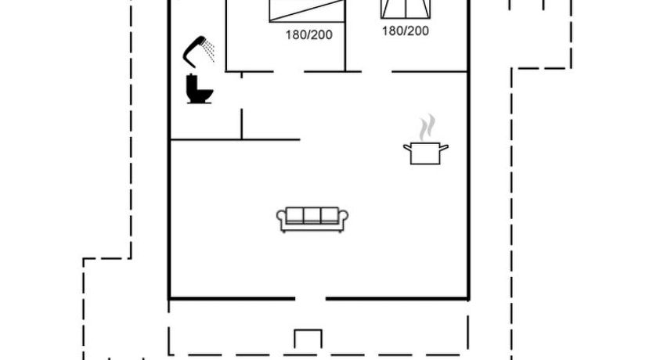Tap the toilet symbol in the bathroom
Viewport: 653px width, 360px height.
[200, 89]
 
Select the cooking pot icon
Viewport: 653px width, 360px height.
[425, 153]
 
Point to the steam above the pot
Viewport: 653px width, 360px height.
[427, 128]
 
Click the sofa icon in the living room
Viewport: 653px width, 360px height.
[312, 219]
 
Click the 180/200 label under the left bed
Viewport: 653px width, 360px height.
[309, 35]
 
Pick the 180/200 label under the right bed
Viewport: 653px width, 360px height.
[406, 31]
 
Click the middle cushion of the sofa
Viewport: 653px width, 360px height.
[312, 214]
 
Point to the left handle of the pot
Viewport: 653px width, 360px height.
[407, 147]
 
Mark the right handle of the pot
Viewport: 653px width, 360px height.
[444, 147]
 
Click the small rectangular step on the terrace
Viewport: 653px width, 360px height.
[308, 339]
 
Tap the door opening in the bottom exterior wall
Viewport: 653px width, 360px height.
[310, 298]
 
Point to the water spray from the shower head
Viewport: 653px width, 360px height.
[208, 51]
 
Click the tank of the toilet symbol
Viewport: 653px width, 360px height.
[192, 81]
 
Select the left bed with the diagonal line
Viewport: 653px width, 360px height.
[307, 11]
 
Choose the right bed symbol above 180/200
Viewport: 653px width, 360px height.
[406, 9]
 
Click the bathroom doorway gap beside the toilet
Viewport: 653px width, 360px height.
[241, 93]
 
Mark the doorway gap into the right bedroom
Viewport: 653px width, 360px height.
[377, 71]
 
